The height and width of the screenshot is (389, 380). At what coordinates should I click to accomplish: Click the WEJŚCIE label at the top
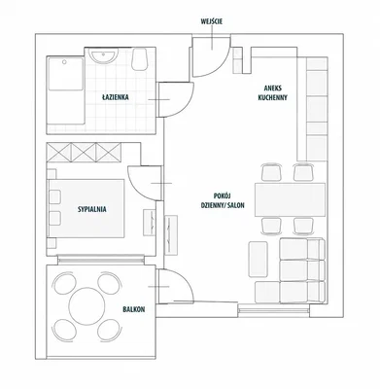click(x=212, y=21)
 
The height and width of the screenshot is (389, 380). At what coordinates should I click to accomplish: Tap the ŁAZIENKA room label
click(x=116, y=97)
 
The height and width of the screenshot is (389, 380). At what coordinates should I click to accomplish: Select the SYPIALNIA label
click(x=92, y=209)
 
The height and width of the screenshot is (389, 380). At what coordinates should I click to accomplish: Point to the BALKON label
click(x=134, y=309)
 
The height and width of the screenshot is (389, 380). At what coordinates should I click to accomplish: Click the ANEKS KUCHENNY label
click(x=273, y=92)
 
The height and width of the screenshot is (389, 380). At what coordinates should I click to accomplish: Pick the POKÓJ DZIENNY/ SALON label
click(x=223, y=200)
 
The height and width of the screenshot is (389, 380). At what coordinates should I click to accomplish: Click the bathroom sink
click(x=104, y=55)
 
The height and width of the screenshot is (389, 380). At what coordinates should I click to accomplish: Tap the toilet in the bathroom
click(x=140, y=59)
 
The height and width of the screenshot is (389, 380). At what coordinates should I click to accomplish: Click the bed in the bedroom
click(x=86, y=208)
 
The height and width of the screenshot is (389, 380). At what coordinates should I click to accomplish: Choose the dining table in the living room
click(x=290, y=199)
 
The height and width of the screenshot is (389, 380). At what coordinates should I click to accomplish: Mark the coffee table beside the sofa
click(x=259, y=260)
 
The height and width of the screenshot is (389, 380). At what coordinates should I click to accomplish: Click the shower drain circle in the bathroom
click(x=64, y=61)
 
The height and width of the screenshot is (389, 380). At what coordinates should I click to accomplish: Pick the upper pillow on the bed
click(x=54, y=197)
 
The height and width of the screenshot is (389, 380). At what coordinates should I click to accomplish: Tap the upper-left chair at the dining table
click(x=271, y=173)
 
